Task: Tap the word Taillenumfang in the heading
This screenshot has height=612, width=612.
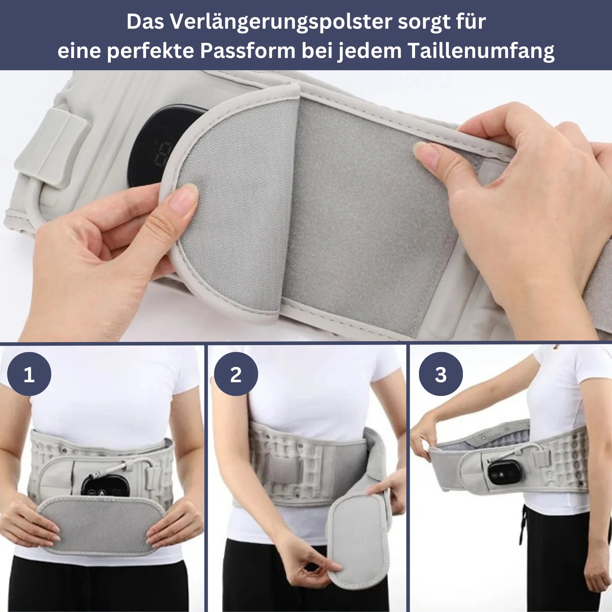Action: pos(481,51)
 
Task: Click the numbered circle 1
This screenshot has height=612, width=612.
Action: pos(29,374)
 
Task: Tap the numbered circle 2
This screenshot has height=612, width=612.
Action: pos(236,374)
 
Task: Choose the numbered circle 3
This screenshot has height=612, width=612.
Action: pos(441,374)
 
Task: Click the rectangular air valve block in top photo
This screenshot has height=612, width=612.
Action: pos(52,149)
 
